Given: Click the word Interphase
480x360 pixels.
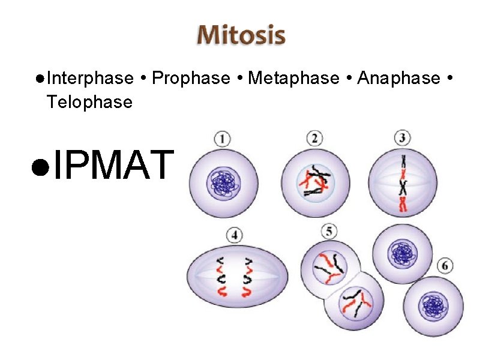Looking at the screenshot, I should pyautogui.click(x=89, y=79).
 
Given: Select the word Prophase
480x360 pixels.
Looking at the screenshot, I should pyautogui.click(x=191, y=79).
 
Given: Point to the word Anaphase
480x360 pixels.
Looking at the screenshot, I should pyautogui.click(x=398, y=79).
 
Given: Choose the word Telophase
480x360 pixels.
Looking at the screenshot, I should pyautogui.click(x=89, y=102).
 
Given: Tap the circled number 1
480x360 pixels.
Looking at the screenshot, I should pyautogui.click(x=222, y=139).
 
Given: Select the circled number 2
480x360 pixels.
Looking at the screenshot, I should pyautogui.click(x=314, y=139).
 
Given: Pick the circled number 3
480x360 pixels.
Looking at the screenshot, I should pyautogui.click(x=403, y=138).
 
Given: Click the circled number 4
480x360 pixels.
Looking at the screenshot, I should pyautogui.click(x=234, y=235).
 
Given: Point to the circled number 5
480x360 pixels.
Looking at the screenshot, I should pyautogui.click(x=328, y=231).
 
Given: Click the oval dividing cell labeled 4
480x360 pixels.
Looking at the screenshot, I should pyautogui.click(x=238, y=277).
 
